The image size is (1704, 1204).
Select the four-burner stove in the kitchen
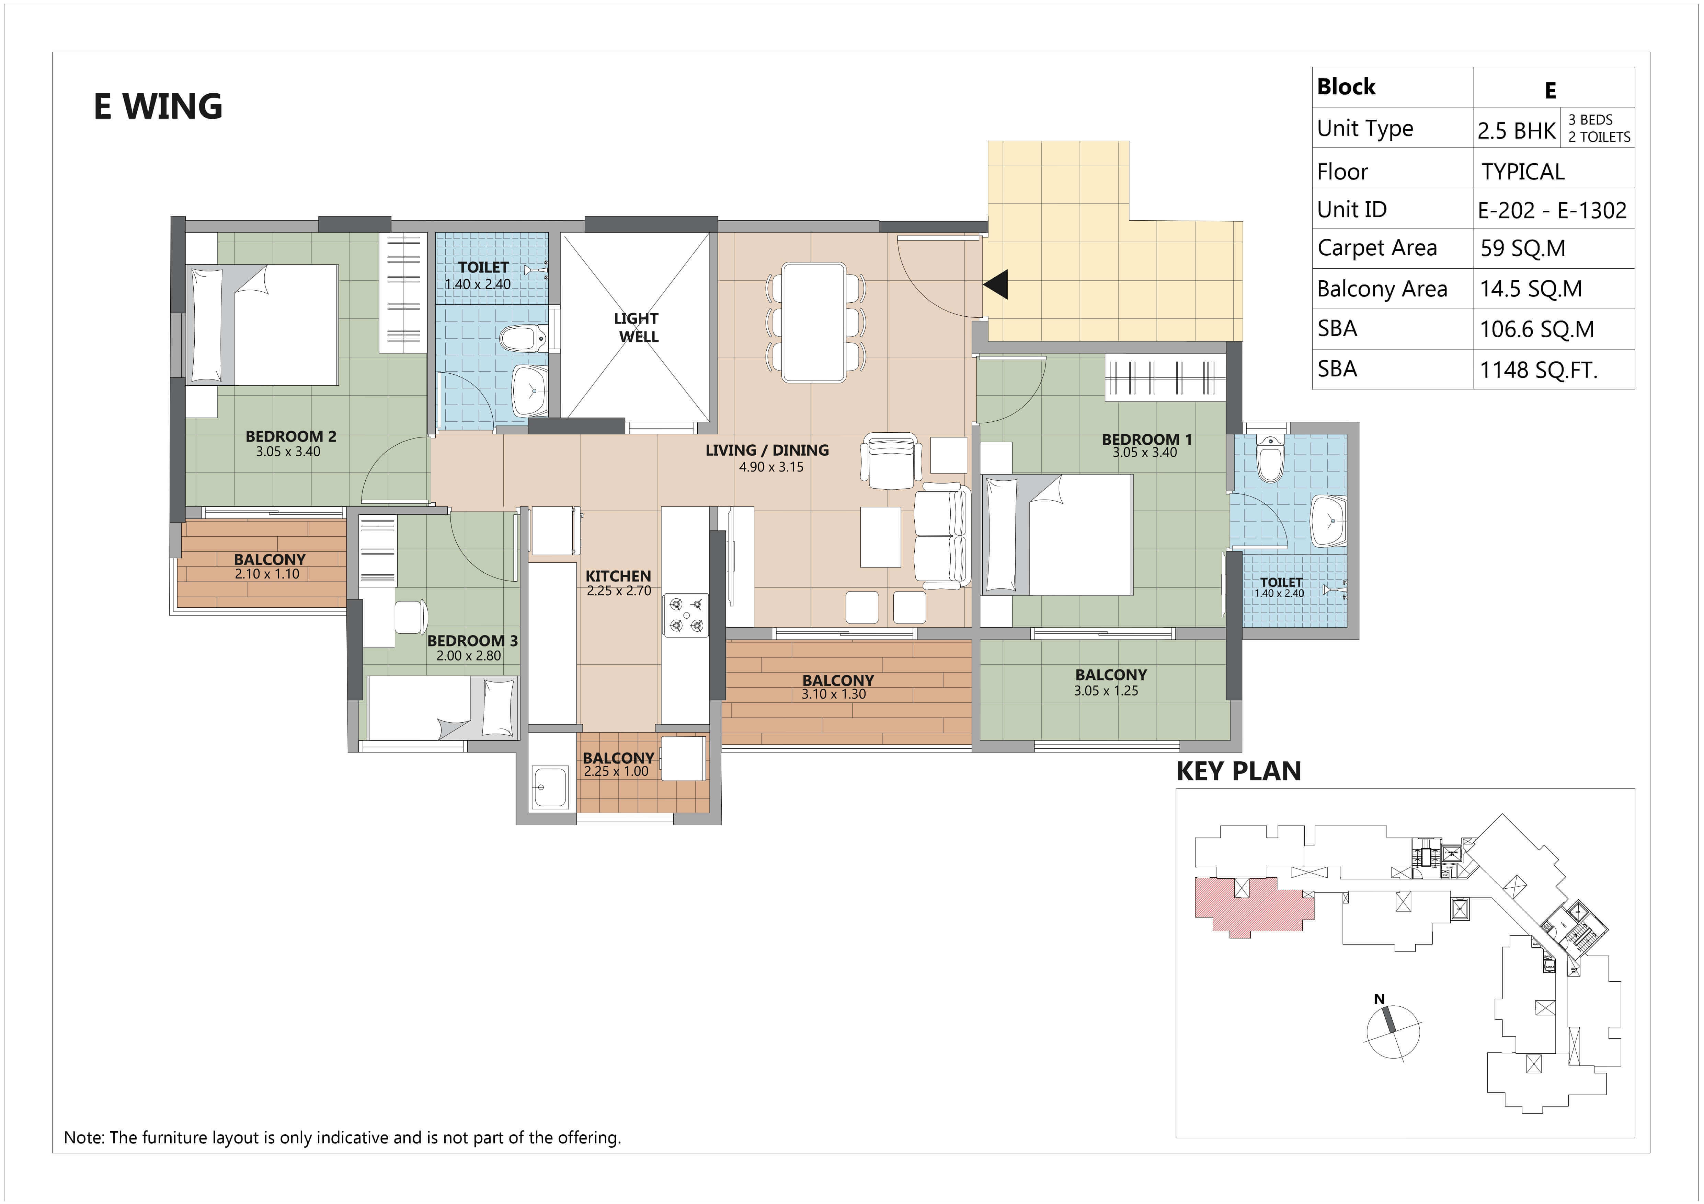(x=686, y=615)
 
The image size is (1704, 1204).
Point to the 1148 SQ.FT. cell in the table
(x=1539, y=370)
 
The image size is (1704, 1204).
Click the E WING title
(x=158, y=106)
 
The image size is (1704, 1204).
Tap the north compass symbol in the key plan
(x=1392, y=1030)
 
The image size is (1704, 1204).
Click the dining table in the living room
(x=814, y=323)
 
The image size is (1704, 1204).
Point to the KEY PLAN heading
(x=1239, y=772)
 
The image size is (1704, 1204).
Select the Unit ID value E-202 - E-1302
(x=1552, y=211)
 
